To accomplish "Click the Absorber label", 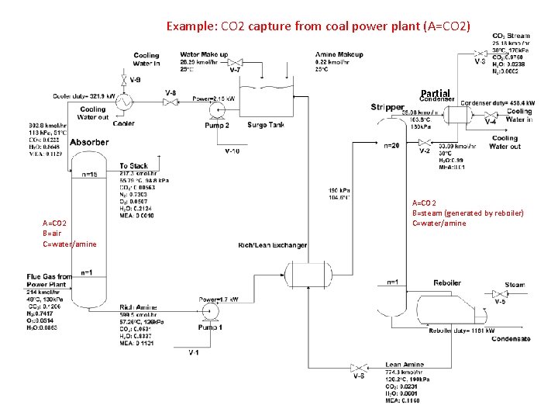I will tap(89, 142).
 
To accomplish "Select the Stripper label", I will tap(387, 107).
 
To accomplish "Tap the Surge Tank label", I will tap(266, 125).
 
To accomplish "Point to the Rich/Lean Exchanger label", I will tap(273, 245).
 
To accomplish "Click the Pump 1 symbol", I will tap(208, 312).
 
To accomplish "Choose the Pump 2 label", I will tap(217, 125).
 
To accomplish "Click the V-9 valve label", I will tap(136, 79).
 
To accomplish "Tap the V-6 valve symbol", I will tap(358, 367).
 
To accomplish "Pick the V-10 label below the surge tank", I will tap(234, 150).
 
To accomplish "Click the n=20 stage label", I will tap(392, 145).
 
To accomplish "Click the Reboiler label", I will tap(448, 282).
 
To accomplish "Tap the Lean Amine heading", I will tap(405, 364).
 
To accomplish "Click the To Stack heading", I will tap(134, 166).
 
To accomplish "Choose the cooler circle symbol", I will tap(123, 101).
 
